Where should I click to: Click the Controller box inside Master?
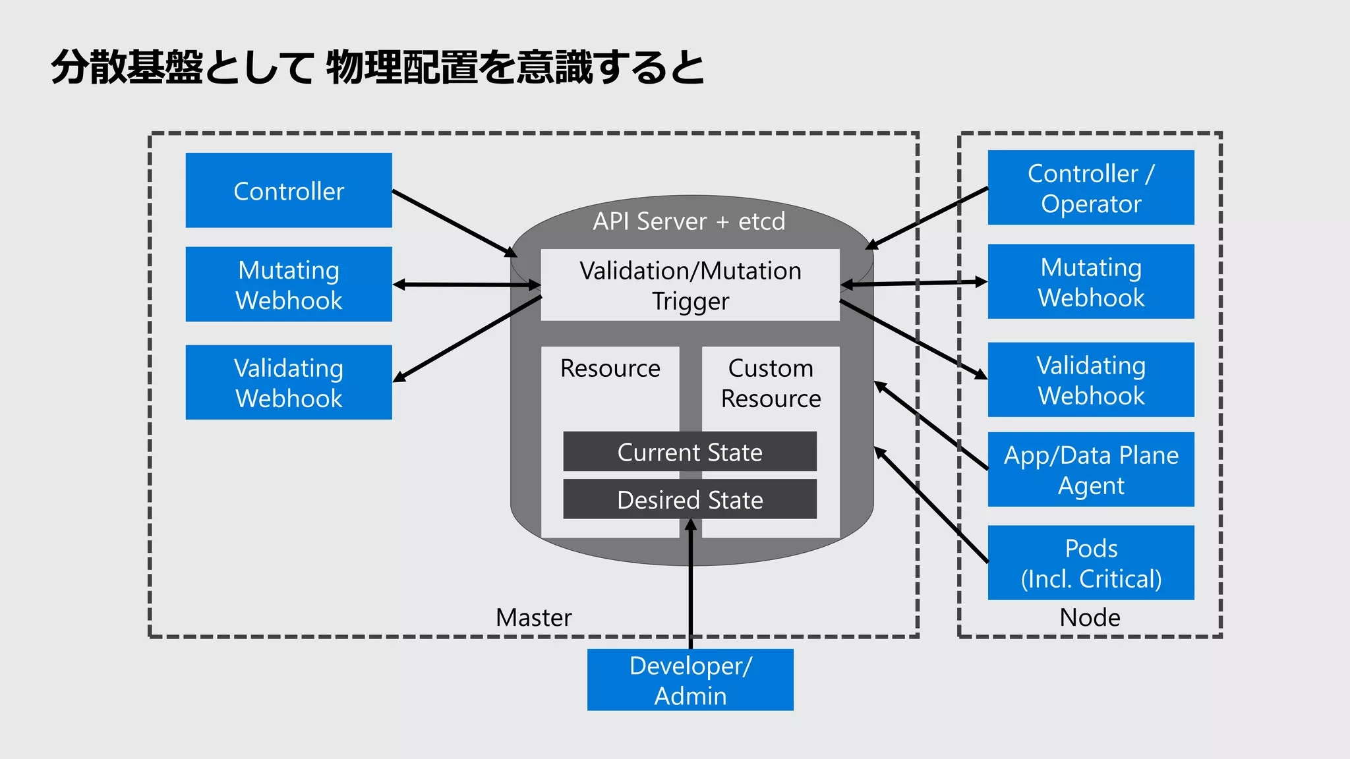pyautogui.click(x=289, y=190)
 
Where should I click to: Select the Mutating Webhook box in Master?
pyautogui.click(x=289, y=284)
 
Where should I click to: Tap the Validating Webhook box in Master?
pyautogui.click(x=289, y=382)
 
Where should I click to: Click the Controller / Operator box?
pyautogui.click(x=1091, y=188)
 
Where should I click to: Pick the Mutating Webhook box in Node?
pyautogui.click(x=1091, y=281)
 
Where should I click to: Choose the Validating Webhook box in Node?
pyautogui.click(x=1091, y=379)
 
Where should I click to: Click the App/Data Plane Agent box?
pyautogui.click(x=1091, y=469)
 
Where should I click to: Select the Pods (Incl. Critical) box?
pyautogui.click(x=1091, y=563)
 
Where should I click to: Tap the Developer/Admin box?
pyautogui.click(x=690, y=679)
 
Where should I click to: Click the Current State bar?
pyautogui.click(x=690, y=452)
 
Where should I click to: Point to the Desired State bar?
pyautogui.click(x=690, y=499)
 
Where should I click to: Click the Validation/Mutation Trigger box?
pyautogui.click(x=690, y=285)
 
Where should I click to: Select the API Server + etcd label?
pyautogui.click(x=689, y=221)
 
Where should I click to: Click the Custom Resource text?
pyautogui.click(x=771, y=383)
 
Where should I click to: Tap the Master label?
pyautogui.click(x=533, y=617)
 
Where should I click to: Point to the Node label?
pyautogui.click(x=1090, y=617)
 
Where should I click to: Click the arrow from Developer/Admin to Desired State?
pyautogui.click(x=691, y=593)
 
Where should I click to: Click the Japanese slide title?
pyautogui.click(x=377, y=67)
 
